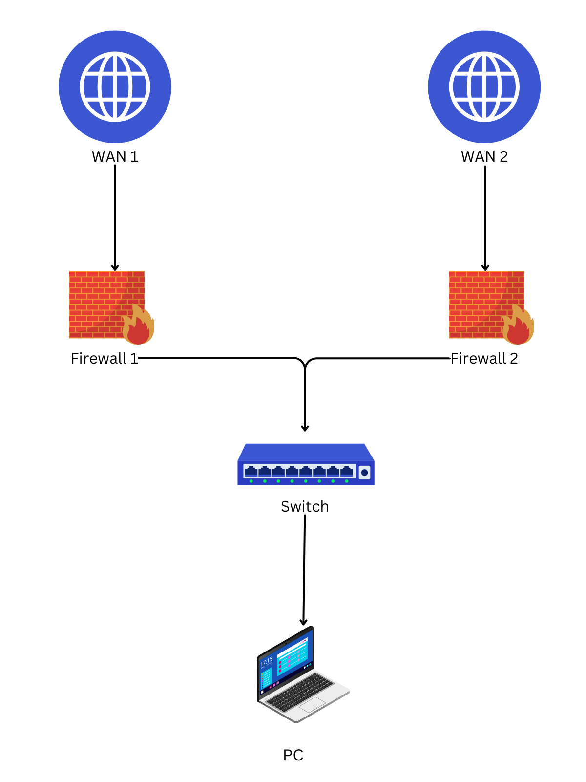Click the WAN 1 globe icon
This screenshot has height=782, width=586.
point(115,87)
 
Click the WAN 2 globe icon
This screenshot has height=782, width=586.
point(484,87)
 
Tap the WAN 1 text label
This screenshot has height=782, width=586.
point(115,157)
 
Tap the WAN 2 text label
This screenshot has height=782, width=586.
point(484,157)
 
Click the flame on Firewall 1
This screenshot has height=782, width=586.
point(138,326)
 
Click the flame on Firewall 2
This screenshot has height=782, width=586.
point(518,326)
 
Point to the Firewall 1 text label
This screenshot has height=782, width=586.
point(105,359)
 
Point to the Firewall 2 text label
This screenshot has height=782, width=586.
point(484,359)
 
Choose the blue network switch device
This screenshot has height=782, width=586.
point(306,464)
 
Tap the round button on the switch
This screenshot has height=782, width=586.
point(364,473)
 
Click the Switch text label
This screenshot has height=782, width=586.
point(305,507)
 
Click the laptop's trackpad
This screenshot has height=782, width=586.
point(313,705)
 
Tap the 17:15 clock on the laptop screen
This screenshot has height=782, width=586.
point(267,662)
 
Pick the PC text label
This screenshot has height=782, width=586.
point(293,756)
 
